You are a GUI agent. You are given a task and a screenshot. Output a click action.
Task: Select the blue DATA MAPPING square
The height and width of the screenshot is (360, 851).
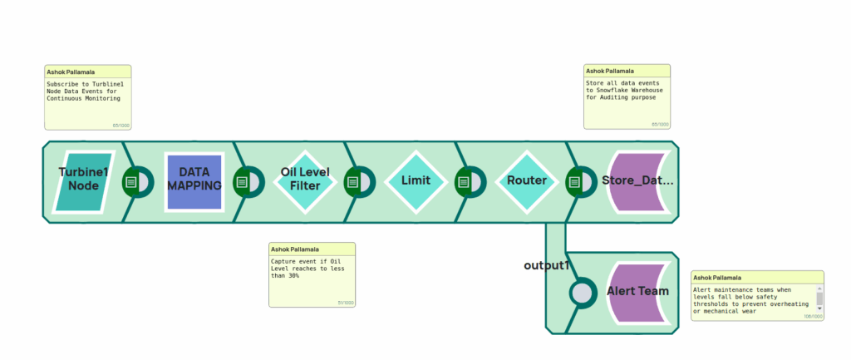pyautogui.click(x=194, y=180)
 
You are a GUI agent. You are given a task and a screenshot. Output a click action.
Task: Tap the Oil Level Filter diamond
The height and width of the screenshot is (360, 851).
pyautogui.click(x=305, y=180)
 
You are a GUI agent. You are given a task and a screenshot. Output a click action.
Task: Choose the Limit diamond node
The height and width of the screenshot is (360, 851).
pyautogui.click(x=416, y=180)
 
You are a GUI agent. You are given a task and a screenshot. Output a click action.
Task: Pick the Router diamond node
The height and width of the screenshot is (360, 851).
pyautogui.click(x=527, y=180)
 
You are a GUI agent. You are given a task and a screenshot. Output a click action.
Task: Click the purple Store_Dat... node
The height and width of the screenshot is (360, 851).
pyautogui.click(x=637, y=180)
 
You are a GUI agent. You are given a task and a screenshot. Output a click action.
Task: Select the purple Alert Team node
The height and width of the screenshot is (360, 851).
pyautogui.click(x=637, y=292)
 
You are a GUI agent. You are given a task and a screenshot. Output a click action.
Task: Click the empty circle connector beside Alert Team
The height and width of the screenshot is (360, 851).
pyautogui.click(x=583, y=293)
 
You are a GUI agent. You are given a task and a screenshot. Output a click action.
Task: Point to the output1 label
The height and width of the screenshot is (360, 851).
pyautogui.click(x=546, y=265)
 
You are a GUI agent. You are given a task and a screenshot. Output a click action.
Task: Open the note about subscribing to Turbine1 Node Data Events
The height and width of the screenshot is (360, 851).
pyautogui.click(x=87, y=98)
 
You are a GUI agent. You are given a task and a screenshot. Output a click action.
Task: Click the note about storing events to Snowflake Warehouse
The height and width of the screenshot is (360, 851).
pyautogui.click(x=627, y=97)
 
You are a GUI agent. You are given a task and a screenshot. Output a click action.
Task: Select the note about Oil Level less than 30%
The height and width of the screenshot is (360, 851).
pyautogui.click(x=312, y=274)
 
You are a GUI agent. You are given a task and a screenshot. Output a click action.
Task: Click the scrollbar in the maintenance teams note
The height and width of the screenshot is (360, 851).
pyautogui.click(x=819, y=298)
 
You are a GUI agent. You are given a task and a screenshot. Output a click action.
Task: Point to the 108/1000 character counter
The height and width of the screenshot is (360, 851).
pyautogui.click(x=812, y=317)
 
